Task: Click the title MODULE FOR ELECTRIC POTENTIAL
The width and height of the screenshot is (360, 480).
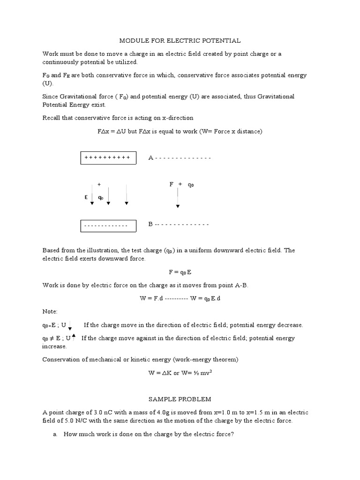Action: (x=180, y=41)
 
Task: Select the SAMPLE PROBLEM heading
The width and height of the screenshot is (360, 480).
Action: (x=180, y=399)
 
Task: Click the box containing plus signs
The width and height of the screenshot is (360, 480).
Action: (x=108, y=158)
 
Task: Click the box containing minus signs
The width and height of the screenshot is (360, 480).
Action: (x=108, y=226)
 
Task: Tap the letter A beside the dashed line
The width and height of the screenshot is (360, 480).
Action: (x=151, y=158)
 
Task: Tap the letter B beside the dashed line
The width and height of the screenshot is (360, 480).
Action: (x=151, y=224)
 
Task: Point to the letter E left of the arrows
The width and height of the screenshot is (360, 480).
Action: (x=86, y=197)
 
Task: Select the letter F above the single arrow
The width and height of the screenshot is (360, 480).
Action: (x=172, y=184)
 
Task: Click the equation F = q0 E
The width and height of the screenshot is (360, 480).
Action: (x=180, y=272)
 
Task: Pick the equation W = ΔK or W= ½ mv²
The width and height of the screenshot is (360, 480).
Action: (x=180, y=373)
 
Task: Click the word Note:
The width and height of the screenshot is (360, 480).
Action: (x=50, y=311)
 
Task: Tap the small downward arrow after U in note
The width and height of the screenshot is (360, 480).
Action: (x=70, y=326)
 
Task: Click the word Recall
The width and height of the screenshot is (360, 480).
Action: (x=51, y=118)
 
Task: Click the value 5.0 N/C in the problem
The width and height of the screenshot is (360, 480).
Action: (x=69, y=421)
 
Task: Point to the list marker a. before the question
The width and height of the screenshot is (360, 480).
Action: (x=55, y=435)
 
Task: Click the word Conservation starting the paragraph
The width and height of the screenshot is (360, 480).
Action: (x=61, y=360)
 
